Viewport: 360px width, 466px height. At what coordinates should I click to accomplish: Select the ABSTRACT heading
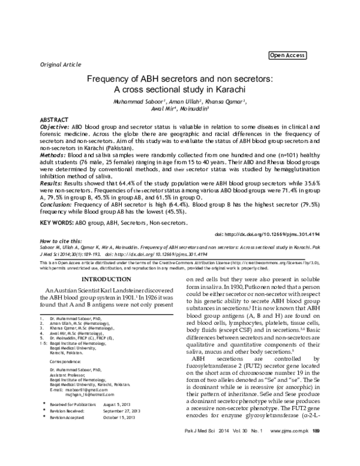tap(53, 121)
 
